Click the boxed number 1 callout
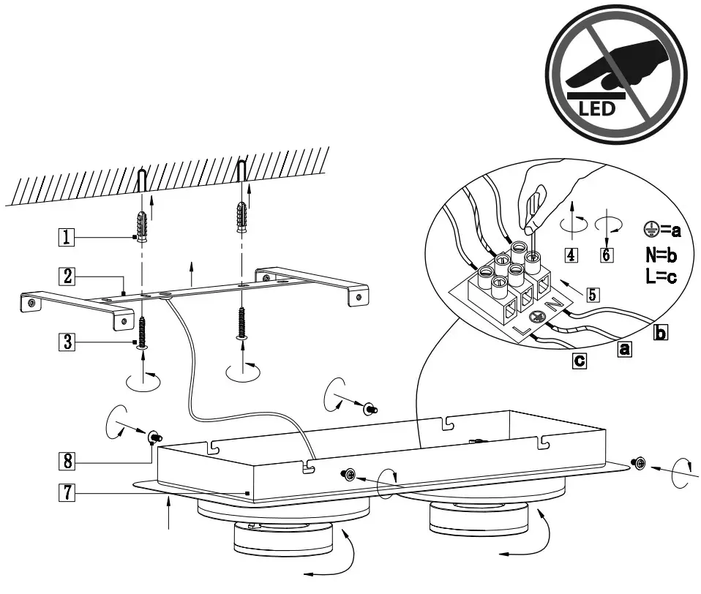coord(67,236)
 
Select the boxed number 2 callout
coord(67,276)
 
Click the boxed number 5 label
coord(593,295)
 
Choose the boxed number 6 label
coord(607,255)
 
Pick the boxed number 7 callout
coord(67,494)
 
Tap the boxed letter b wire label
coord(660,333)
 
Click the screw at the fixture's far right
coord(638,462)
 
